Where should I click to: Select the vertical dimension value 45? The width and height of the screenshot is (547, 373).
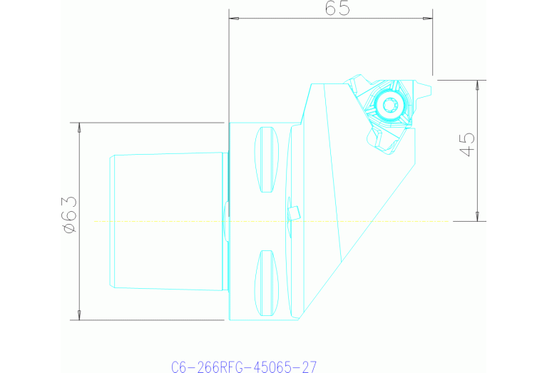click(467, 144)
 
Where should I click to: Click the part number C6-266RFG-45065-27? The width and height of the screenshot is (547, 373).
click(244, 367)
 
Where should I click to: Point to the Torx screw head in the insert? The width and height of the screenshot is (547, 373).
click(389, 106)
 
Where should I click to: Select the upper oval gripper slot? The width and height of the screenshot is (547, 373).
click(266, 160)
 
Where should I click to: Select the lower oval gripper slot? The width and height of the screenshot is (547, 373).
click(266, 282)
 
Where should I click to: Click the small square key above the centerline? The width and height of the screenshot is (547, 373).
click(293, 212)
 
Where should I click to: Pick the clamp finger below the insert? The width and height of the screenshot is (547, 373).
click(384, 141)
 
